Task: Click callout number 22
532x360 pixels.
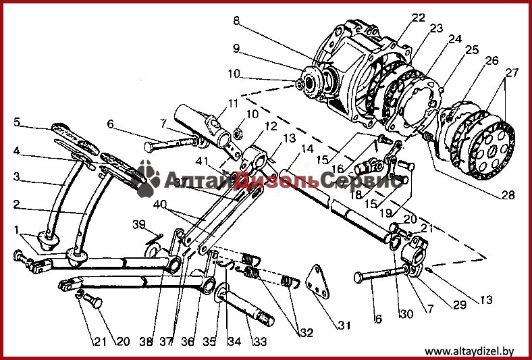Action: click(419, 18)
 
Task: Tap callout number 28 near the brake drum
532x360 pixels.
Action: click(507, 196)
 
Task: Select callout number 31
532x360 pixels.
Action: click(345, 326)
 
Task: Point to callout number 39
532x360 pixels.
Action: click(138, 224)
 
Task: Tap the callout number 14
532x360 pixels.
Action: click(307, 149)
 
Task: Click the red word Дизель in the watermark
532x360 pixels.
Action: click(284, 181)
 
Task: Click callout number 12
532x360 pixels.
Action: click(270, 126)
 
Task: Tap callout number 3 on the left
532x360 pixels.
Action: click(17, 177)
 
